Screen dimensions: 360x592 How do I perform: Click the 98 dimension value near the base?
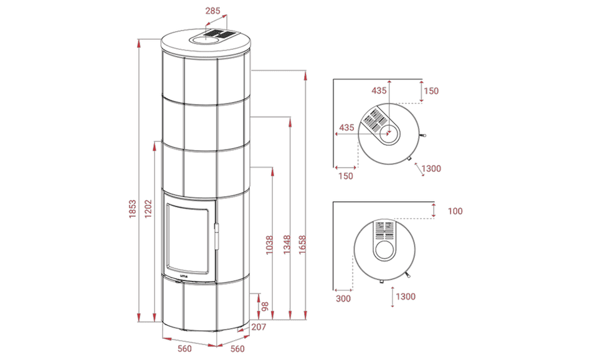pos(264,307)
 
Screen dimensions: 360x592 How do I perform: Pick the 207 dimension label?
pos(259,326)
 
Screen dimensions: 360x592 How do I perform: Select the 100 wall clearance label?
pos(455,211)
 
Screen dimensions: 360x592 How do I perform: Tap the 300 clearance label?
pos(343,298)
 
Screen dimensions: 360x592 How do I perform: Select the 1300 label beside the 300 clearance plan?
pos(406,297)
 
